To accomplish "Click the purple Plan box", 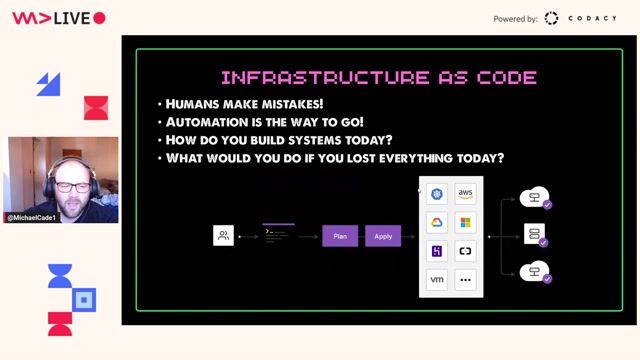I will tap(340, 236).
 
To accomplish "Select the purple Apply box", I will tap(383, 236).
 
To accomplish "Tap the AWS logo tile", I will tap(465, 194).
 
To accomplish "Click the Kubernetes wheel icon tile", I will tap(436, 194).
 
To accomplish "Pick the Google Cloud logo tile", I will tap(436, 222).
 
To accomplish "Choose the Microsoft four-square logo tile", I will tap(465, 222).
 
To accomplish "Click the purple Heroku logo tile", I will tap(436, 251).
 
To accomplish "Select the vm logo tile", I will tap(436, 280).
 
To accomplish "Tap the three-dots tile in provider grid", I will tap(465, 280).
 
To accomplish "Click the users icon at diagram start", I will tap(224, 236).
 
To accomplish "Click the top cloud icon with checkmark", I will tap(536, 199).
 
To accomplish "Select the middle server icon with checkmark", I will tap(535, 235).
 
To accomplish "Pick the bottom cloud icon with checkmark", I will tap(536, 271).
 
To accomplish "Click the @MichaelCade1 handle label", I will tap(32, 217).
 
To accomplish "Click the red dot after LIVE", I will tap(99, 18).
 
